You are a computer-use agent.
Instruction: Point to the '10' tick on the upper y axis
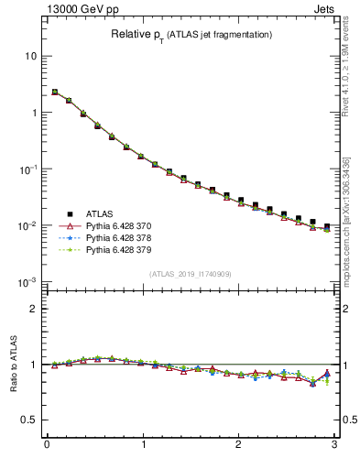31,56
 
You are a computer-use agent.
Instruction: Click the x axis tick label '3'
335,445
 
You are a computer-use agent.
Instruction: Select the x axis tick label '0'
47,445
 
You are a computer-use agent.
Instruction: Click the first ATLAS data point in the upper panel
55,93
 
